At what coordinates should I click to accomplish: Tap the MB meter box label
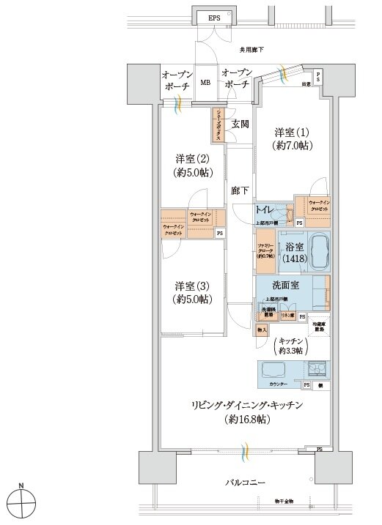coord(206,83)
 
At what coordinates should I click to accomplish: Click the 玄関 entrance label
coord(240,124)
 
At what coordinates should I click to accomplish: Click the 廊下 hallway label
coord(239,191)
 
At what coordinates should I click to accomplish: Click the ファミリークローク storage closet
coord(265,251)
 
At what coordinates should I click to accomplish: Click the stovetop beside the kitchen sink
coord(320,370)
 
